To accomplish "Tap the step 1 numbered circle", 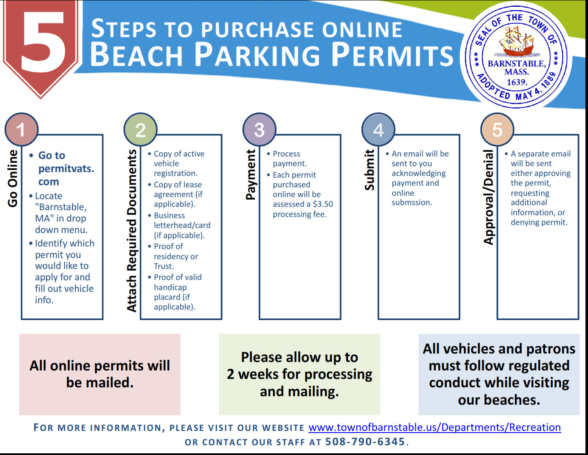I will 22,130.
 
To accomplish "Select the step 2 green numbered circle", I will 140,130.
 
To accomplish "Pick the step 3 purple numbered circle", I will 260,130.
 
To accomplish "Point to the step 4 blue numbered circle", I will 378,130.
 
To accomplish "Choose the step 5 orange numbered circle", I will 498,130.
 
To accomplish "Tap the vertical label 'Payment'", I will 251,174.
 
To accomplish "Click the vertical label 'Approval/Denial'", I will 489,197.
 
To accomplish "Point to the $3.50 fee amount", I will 323,204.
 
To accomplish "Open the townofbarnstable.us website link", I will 434,428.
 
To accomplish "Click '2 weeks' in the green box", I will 252,374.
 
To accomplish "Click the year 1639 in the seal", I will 516,82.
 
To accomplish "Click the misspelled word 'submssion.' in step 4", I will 412,203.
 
